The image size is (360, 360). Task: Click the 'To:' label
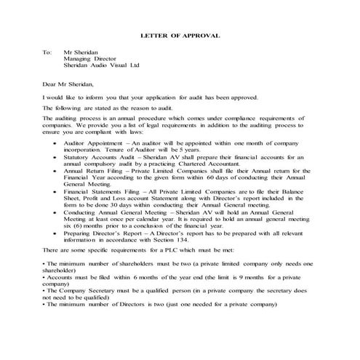coord(47,52)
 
